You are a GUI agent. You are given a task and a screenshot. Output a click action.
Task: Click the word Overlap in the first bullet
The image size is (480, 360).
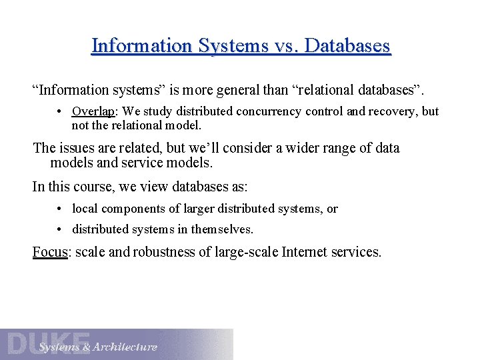point(93,111)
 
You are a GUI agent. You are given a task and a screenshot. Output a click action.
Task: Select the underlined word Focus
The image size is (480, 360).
point(49,253)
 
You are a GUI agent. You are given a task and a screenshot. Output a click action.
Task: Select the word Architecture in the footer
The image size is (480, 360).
point(125,347)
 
